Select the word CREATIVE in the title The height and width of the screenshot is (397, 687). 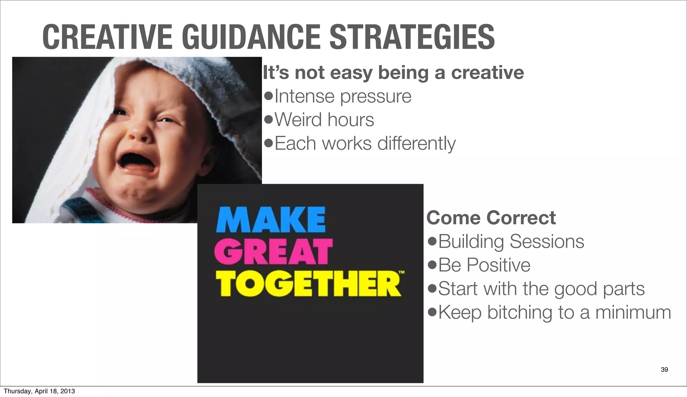click(x=108, y=37)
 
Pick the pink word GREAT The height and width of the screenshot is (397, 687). click(x=273, y=252)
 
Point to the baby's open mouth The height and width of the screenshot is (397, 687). click(x=137, y=160)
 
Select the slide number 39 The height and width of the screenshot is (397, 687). click(x=664, y=370)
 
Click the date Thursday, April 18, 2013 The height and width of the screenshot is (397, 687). click(x=39, y=391)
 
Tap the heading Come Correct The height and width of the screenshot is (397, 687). click(x=491, y=218)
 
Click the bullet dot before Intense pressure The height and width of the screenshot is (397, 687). click(x=268, y=97)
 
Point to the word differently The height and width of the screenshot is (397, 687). click(x=416, y=144)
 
